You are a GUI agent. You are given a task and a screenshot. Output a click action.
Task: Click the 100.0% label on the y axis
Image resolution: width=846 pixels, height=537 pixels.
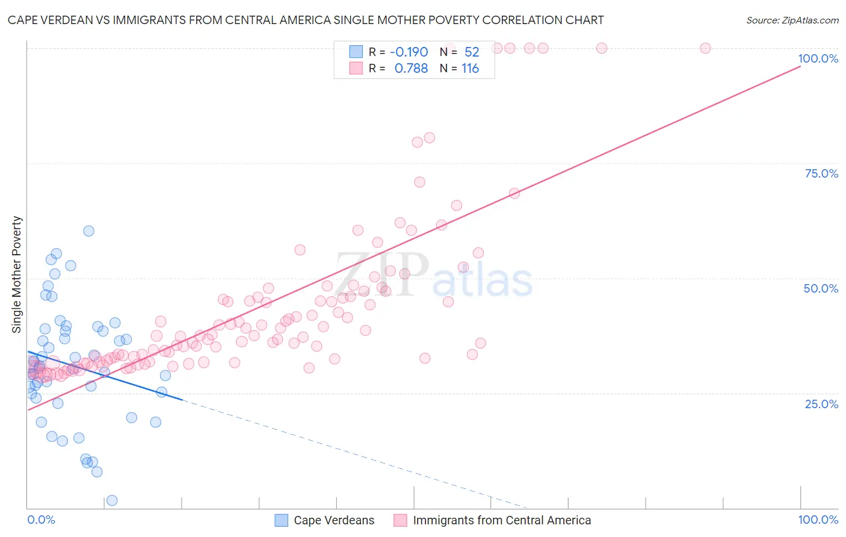click(x=818, y=58)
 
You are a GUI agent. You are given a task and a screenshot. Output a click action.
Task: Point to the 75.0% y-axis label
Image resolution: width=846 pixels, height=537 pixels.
click(x=821, y=173)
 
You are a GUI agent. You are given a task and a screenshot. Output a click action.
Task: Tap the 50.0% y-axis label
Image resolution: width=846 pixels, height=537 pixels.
click(x=821, y=288)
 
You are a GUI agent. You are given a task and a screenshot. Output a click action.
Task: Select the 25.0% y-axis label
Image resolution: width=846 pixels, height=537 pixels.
click(x=821, y=403)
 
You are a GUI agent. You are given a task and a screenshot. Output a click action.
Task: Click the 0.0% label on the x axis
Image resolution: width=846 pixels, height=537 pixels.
click(x=41, y=520)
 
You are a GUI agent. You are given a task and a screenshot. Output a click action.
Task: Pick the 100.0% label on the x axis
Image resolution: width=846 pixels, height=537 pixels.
click(x=818, y=520)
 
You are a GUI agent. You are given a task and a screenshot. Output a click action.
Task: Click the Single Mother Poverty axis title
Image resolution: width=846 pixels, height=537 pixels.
click(x=17, y=275)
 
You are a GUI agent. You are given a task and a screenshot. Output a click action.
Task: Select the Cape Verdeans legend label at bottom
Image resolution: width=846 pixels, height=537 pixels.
click(x=334, y=520)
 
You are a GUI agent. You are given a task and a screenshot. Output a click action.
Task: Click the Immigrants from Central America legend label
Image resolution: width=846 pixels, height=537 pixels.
click(x=502, y=520)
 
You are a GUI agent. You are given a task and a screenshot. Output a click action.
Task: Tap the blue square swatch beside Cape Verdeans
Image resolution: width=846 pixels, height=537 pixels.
click(x=281, y=520)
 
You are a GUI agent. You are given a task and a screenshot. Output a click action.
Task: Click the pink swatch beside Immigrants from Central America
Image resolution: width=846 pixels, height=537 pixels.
click(x=400, y=520)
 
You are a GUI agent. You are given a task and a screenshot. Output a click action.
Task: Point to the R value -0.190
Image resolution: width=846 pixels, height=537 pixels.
click(x=409, y=52)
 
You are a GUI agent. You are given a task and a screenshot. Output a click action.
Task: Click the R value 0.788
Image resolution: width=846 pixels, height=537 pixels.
click(x=411, y=69)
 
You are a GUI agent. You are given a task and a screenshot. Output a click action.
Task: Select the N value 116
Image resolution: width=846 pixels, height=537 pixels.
click(x=470, y=69)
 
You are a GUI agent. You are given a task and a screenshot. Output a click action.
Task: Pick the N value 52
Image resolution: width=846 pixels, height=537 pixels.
click(x=472, y=52)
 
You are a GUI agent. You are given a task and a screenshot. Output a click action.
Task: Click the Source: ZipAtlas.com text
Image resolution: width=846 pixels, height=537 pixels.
click(x=792, y=20)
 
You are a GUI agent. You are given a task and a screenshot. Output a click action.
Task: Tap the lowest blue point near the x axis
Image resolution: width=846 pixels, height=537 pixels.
click(x=112, y=500)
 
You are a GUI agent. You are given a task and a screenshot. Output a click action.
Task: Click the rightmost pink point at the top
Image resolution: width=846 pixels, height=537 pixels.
click(x=705, y=48)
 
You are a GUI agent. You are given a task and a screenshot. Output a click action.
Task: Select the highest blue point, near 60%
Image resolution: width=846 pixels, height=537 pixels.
click(x=88, y=231)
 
